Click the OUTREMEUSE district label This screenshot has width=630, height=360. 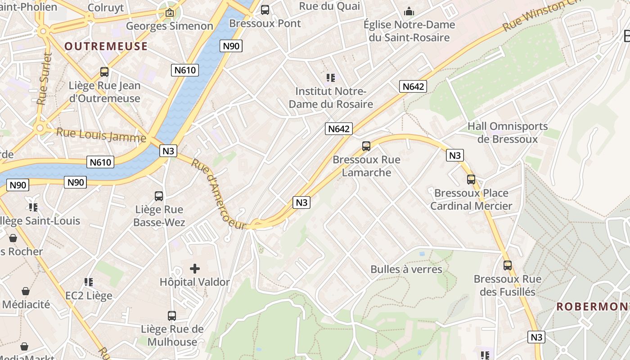(106, 46)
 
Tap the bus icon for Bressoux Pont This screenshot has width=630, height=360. (265, 9)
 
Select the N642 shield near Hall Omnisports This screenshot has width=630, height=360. (413, 86)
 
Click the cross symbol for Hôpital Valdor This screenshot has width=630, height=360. (195, 269)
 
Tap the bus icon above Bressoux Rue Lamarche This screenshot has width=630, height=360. (366, 146)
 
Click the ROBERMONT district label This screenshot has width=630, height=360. (592, 307)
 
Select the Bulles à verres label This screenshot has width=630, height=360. (406, 269)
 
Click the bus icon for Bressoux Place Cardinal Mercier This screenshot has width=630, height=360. (471, 180)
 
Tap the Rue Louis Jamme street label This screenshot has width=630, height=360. (101, 135)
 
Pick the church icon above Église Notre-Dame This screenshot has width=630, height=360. (409, 11)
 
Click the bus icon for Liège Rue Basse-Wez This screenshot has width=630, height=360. (159, 196)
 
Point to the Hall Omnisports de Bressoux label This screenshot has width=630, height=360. (508, 132)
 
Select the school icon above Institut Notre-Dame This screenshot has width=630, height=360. (331, 78)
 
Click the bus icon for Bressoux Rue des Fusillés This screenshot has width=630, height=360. (508, 265)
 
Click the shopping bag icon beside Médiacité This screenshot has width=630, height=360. (26, 291)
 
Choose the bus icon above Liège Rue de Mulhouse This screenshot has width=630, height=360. (171, 315)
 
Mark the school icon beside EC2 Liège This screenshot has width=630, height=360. (89, 282)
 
